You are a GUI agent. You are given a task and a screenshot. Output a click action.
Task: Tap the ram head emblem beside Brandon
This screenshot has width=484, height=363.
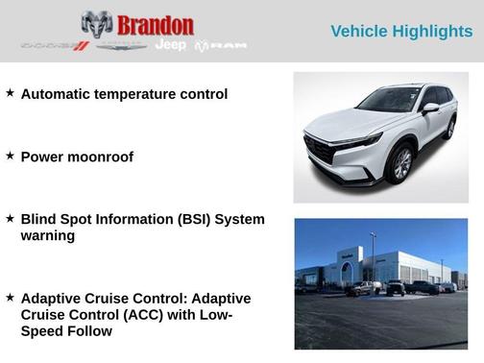point(97,24)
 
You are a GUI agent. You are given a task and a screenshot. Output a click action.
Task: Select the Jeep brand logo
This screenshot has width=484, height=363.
point(170,45)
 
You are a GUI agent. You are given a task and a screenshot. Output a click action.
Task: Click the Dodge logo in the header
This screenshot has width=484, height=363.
point(55,46)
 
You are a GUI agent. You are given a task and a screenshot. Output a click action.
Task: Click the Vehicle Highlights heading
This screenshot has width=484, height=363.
point(401,32)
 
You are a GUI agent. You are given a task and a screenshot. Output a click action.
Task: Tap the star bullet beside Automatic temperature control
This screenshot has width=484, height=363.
point(10,93)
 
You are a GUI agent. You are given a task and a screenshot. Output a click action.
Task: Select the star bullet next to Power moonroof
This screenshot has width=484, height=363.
point(10,156)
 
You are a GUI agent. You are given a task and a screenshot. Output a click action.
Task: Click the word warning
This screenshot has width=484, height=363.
point(47,235)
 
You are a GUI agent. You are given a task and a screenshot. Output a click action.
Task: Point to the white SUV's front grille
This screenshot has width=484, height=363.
point(321,151)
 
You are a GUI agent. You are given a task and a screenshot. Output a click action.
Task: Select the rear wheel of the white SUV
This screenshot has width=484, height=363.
point(449,129)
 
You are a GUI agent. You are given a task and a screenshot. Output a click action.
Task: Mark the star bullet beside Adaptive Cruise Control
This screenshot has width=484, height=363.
point(10,298)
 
